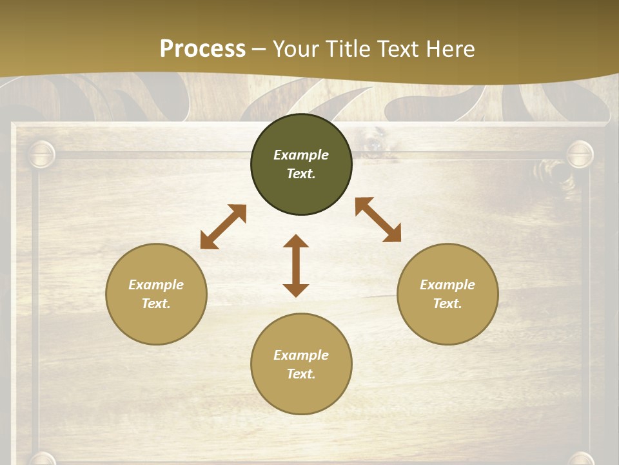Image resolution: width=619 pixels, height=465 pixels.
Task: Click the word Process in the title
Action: [202, 48]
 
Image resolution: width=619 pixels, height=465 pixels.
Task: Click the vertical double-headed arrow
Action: [296, 265]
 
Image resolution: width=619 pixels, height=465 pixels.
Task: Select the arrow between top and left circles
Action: [223, 227]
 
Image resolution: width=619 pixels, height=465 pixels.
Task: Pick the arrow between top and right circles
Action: [378, 220]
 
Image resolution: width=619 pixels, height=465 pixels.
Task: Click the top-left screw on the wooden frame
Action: [42, 155]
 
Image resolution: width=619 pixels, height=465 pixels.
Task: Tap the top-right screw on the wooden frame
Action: [579, 155]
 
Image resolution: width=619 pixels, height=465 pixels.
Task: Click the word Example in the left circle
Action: [156, 285]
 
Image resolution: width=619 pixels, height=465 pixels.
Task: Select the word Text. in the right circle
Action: [447, 304]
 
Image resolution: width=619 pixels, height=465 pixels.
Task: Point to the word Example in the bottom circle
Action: [301, 355]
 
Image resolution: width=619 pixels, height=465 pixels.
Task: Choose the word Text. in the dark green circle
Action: [301, 174]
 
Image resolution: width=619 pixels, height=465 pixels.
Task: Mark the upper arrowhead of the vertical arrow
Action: [296, 241]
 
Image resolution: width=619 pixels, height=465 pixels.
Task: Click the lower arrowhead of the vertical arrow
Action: [296, 290]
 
